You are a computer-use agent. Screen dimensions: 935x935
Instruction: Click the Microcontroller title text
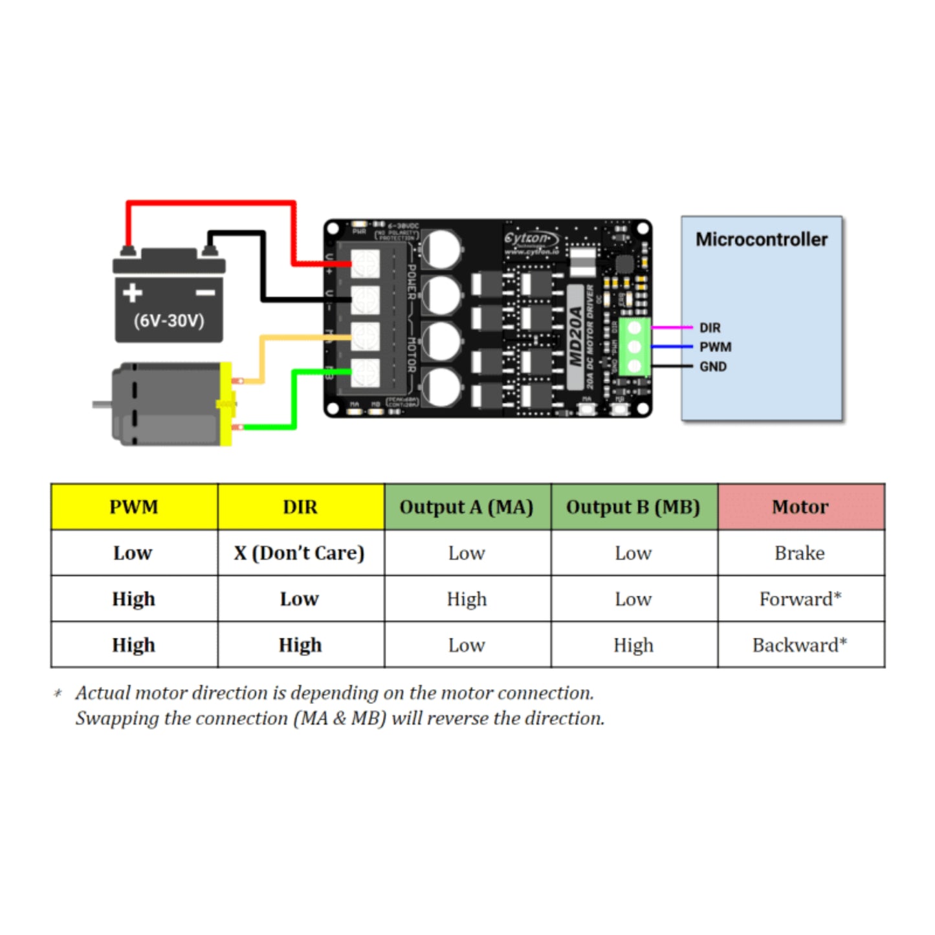click(761, 239)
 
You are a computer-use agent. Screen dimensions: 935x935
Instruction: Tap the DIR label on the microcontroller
click(710, 328)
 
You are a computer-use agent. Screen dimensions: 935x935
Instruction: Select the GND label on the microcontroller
click(712, 367)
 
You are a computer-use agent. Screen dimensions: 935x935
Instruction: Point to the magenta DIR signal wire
click(672, 327)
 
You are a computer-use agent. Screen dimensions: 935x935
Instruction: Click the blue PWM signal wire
click(672, 347)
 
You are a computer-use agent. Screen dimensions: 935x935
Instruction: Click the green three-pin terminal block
click(634, 347)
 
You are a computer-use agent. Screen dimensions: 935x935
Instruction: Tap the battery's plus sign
click(133, 292)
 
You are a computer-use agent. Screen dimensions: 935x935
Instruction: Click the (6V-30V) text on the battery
click(169, 321)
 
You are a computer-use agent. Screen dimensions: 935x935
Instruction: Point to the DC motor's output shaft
click(101, 404)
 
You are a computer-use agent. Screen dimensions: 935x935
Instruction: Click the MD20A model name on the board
click(575, 336)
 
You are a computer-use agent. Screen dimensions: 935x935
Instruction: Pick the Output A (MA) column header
click(467, 507)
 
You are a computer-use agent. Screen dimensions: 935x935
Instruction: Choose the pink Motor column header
click(800, 507)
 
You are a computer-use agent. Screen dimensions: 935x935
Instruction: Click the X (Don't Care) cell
click(300, 553)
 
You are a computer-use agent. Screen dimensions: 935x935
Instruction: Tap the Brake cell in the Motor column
click(800, 553)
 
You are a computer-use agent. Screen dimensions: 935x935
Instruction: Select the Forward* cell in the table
click(800, 599)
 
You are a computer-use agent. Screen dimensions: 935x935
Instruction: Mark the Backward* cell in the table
click(800, 645)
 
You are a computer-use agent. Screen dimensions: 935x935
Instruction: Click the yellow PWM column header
click(134, 507)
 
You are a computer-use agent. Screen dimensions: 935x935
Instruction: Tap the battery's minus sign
click(205, 293)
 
